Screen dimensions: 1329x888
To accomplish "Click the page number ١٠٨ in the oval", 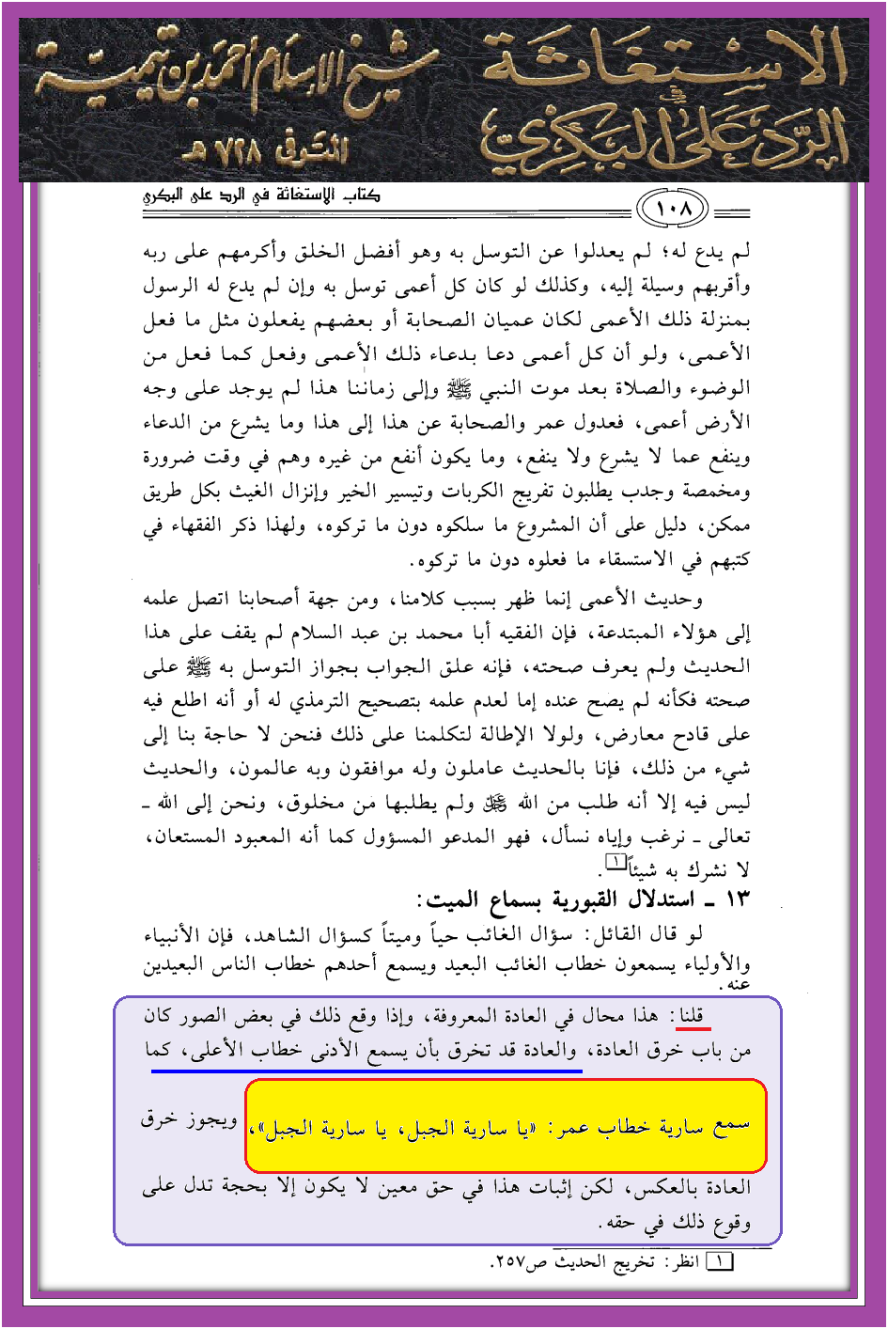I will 674,209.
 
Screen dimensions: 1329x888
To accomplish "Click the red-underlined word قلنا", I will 692,1016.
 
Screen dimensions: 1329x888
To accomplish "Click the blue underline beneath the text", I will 366,1070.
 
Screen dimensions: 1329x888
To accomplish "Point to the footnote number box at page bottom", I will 720,1261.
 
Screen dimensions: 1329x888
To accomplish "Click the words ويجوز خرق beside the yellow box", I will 189,1119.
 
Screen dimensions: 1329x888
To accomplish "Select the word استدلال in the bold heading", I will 657,900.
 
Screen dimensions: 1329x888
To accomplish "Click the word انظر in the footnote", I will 684,1262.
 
